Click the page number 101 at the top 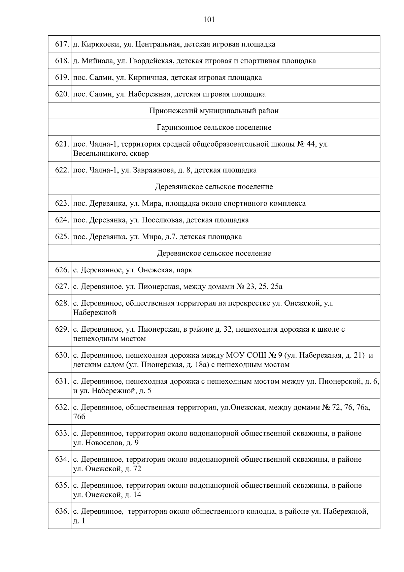[x=209, y=20]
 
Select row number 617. [x=62, y=44]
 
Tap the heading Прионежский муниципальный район [x=214, y=111]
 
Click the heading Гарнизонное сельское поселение [x=214, y=128]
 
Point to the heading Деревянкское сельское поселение [x=214, y=187]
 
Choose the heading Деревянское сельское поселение [x=214, y=253]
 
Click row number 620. [x=62, y=94]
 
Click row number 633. [x=62, y=433]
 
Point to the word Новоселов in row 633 [x=104, y=443]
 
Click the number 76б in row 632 [x=79, y=417]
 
